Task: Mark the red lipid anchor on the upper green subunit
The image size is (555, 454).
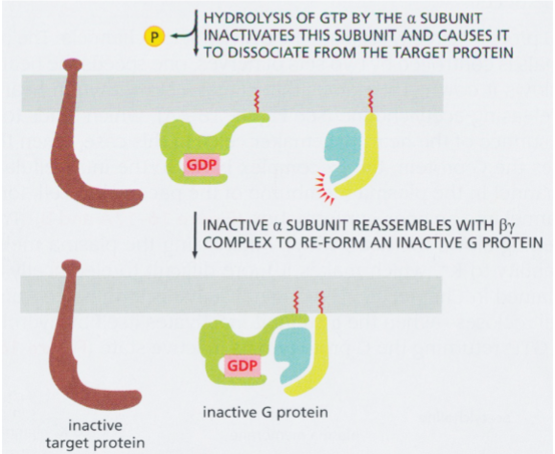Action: [255, 99]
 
